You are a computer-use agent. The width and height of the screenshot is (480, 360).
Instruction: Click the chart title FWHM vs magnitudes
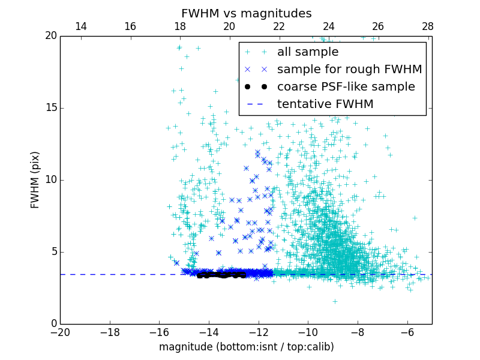point(246,13)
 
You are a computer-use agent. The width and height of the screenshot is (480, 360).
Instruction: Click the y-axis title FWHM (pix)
point(35,180)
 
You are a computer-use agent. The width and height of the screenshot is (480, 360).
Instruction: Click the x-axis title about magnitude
point(246,347)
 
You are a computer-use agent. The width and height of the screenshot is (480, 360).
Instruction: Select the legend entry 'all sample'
point(308,52)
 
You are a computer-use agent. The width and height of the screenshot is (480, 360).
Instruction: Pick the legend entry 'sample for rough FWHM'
point(349,70)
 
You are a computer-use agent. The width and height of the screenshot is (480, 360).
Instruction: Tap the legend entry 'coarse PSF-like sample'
point(346,87)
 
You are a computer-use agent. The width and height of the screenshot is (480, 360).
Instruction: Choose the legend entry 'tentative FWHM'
point(325,104)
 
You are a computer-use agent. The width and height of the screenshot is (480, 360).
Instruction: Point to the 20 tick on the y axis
point(50,36)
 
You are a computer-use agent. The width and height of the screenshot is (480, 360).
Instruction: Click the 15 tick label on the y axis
point(50,108)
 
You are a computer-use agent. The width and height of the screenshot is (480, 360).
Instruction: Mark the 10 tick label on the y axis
point(50,180)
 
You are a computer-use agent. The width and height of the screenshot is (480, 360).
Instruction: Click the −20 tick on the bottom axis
point(60,332)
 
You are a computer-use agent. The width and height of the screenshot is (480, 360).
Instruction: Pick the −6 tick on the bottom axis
point(407,332)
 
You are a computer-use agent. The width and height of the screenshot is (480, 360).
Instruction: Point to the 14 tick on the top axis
point(80,27)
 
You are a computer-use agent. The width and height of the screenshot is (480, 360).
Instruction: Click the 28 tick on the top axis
point(428,27)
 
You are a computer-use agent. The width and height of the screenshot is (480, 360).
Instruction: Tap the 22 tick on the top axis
point(279,27)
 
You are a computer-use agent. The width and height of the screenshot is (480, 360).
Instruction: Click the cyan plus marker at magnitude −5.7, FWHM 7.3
point(415,218)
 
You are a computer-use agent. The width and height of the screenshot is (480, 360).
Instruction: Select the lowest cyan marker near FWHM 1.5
point(335,301)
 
